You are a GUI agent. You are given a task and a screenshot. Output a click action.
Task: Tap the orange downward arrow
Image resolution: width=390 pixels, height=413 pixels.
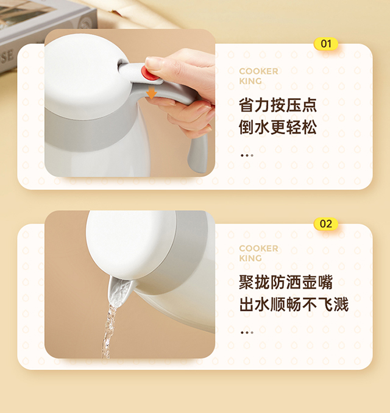[x=152, y=92]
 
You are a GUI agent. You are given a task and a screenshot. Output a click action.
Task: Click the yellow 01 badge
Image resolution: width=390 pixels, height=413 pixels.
[x=326, y=44]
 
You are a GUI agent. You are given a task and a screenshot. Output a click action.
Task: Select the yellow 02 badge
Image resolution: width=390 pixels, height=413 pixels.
[x=326, y=224]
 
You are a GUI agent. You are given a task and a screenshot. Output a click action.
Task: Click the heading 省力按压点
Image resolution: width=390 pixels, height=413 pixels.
[x=278, y=105]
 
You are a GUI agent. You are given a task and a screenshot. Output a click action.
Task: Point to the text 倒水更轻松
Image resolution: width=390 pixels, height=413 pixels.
[x=278, y=127]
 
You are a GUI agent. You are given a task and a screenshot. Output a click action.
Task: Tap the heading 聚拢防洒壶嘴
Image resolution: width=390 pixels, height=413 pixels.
[x=286, y=282]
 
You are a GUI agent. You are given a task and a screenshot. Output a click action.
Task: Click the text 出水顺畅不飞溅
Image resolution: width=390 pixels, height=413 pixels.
[x=294, y=305]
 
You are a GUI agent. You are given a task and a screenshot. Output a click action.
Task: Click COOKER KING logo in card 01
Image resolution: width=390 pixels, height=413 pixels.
[x=258, y=76]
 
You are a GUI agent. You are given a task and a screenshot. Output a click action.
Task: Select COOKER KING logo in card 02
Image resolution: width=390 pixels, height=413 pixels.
[x=258, y=253]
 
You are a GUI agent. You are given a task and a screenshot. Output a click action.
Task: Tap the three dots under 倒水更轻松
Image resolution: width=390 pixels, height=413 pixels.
[x=247, y=155]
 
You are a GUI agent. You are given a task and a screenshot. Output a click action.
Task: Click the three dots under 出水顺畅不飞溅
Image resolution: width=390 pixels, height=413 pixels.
[x=247, y=333]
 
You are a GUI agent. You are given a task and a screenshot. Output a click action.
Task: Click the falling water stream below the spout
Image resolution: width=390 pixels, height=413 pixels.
[x=108, y=331]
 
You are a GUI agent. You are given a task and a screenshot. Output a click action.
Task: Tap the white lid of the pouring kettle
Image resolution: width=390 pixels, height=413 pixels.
[x=130, y=244]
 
